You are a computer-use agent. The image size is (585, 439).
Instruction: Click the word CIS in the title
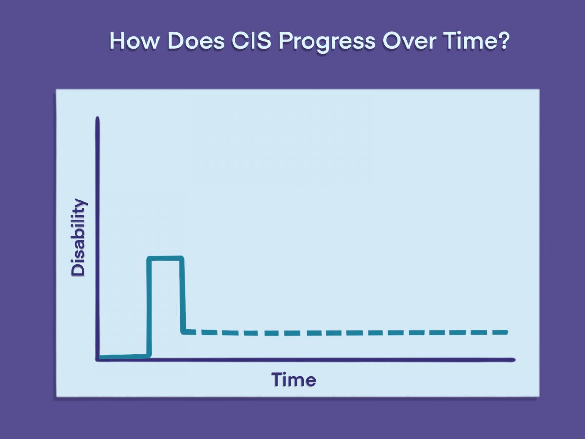tap(251, 41)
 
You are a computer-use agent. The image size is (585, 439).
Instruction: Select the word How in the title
tap(133, 41)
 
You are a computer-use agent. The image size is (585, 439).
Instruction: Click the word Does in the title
tap(196, 41)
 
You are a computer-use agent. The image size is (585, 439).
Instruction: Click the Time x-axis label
tap(293, 380)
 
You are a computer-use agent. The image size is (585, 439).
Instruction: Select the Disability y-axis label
tap(78, 237)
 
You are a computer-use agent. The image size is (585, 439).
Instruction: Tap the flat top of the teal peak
tap(165, 259)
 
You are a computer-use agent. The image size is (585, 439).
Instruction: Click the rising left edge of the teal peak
tap(149, 306)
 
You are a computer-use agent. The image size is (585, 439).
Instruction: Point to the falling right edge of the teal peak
tap(182, 295)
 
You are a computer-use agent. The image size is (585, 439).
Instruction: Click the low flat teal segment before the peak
tap(124, 357)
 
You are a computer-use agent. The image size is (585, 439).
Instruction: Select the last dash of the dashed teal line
tap(500, 332)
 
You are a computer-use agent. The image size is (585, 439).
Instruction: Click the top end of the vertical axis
tap(97, 118)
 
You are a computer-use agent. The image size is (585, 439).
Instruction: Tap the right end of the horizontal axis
tap(514, 359)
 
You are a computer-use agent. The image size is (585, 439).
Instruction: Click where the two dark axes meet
tap(98, 359)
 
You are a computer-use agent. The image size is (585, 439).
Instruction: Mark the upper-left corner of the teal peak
tap(149, 259)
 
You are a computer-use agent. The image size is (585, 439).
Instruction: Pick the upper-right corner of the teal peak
tap(182, 259)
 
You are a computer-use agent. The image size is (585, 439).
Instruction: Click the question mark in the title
tap(504, 41)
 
